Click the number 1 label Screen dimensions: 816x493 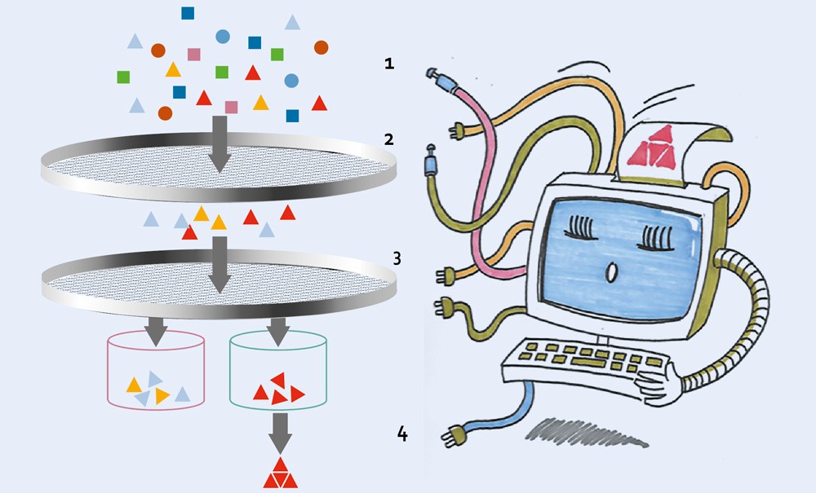pyautogui.click(x=389, y=64)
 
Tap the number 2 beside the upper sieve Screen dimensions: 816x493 pyautogui.click(x=388, y=139)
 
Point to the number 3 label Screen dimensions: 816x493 pyautogui.click(x=397, y=258)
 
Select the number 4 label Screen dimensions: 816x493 pyautogui.click(x=402, y=434)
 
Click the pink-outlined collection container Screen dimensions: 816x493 pyautogui.click(x=156, y=369)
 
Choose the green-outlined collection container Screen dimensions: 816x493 pyautogui.click(x=278, y=369)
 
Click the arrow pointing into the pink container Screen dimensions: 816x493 pyautogui.click(x=156, y=332)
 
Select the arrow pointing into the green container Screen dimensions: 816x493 pyautogui.click(x=278, y=332)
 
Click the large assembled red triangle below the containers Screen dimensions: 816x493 pyautogui.click(x=281, y=473)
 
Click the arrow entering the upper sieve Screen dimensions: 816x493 pyautogui.click(x=220, y=144)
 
